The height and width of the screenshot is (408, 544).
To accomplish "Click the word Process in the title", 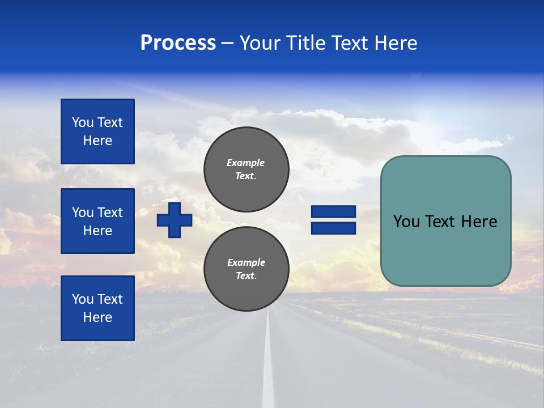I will (178, 43).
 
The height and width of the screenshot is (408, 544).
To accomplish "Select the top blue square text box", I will (97, 131).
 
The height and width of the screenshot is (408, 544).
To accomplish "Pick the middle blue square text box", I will (97, 221).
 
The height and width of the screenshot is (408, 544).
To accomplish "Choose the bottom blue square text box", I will (97, 308).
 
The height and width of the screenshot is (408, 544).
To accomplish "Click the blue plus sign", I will (175, 220).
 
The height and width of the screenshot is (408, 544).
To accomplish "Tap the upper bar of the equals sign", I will (333, 212).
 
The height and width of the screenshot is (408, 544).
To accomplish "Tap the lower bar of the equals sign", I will (333, 228).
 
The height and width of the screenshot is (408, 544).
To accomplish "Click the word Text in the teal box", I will (446, 222).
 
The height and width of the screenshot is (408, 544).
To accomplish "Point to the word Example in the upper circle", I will (245, 163).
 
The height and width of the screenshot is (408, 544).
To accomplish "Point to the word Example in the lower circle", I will (246, 262).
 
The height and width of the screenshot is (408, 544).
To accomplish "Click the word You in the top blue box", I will (83, 122).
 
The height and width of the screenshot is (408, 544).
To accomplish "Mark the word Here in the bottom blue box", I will (97, 317).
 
